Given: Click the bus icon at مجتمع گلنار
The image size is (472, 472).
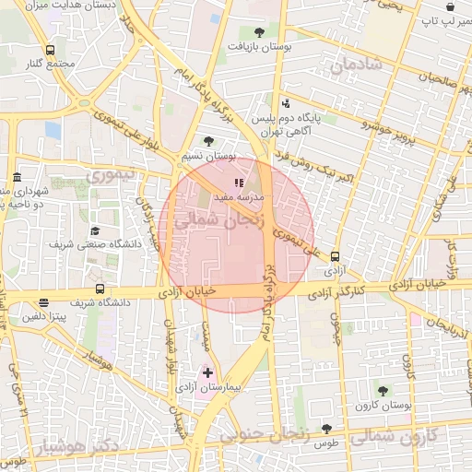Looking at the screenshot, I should click(x=49, y=51).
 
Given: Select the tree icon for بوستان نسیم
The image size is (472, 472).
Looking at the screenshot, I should click(x=209, y=141).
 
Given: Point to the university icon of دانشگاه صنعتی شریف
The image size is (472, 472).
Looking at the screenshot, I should click(x=94, y=231).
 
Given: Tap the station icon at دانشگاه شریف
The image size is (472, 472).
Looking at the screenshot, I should click(x=43, y=301).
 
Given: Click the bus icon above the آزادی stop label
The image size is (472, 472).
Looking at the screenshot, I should click(x=334, y=258).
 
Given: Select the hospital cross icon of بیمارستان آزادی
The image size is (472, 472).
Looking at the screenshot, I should click(x=207, y=372).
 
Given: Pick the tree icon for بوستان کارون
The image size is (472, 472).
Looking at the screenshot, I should click(x=383, y=391).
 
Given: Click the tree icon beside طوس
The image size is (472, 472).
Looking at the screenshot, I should click(x=326, y=429).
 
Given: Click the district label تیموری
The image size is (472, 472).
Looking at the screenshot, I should click(x=110, y=174).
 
